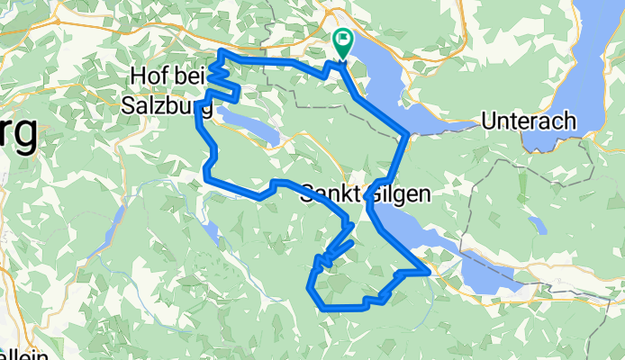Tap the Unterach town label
coord(530,120)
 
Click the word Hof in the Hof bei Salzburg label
coord(150,75)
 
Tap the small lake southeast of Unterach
coord(537,223)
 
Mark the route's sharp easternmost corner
coord(427,268)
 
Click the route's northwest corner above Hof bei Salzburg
coord(222,53)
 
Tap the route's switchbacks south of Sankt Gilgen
coord(329,252)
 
